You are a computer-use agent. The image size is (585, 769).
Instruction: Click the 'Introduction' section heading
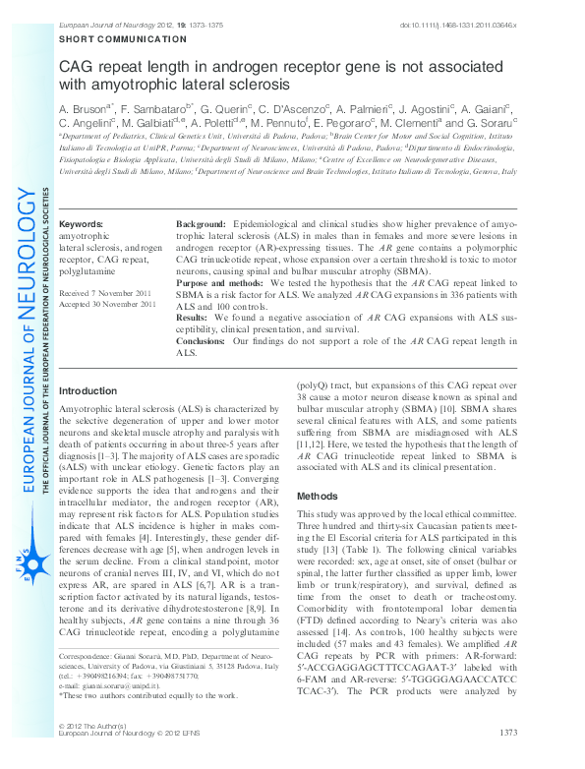88,390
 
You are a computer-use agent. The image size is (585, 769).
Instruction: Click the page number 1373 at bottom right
509,733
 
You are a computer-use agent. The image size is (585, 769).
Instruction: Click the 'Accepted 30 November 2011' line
108,305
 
